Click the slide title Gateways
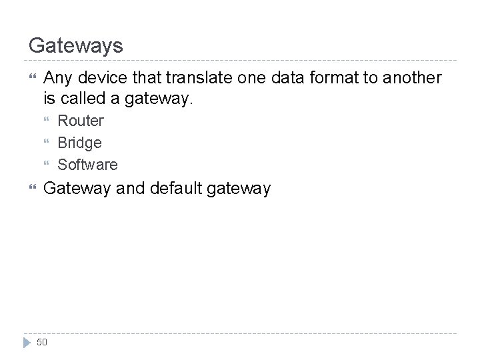point(76,45)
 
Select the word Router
point(81,121)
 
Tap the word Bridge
point(80,143)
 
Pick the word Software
point(88,164)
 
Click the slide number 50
point(42,342)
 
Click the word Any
point(56,79)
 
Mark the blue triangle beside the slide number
point(26,342)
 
